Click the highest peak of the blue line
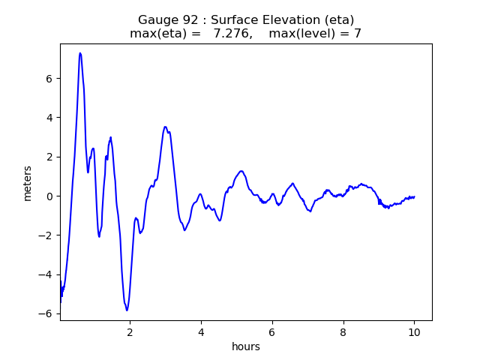(80, 53)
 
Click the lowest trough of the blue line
(127, 310)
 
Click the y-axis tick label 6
(49, 78)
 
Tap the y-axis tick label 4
(49, 118)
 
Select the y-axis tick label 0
(49, 196)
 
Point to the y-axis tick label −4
(46, 274)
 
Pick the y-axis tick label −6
(46, 313)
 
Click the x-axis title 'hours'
(246, 346)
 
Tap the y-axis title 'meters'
(28, 183)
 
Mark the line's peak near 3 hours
(165, 127)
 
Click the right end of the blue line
(415, 196)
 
